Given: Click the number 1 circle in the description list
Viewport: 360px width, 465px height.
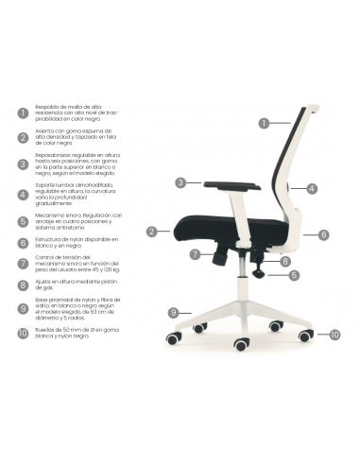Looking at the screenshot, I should (23, 112).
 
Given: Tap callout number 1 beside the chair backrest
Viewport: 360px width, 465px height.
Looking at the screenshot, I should (266, 122).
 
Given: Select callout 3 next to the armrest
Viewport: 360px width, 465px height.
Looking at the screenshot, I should (180, 182).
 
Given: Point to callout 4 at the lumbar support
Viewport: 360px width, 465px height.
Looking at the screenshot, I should (312, 188).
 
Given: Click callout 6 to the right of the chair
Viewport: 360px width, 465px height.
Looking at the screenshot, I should (323, 234).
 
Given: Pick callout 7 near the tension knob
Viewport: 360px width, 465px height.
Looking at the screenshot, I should (195, 254).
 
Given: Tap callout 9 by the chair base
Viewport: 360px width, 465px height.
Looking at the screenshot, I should (173, 312).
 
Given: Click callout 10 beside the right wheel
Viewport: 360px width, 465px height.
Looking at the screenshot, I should (334, 334).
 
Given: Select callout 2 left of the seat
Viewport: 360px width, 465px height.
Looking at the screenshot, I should (151, 231).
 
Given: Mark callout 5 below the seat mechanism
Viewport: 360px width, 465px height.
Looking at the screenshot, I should (294, 275).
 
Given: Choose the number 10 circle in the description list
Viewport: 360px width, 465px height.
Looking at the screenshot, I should (23, 333).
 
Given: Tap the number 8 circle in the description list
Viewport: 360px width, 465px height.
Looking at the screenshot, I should (23, 284).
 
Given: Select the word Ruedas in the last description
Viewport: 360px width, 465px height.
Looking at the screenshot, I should (45, 328).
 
